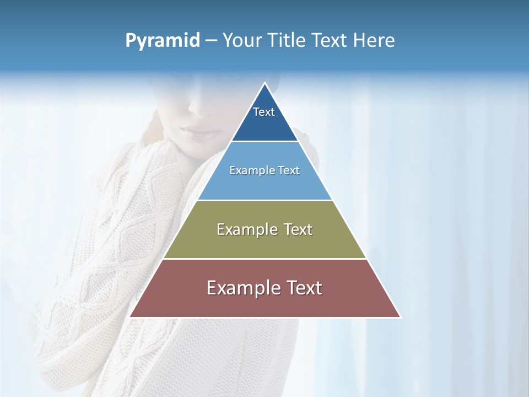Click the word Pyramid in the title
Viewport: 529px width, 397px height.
(163, 41)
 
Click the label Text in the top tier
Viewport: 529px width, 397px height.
(264, 112)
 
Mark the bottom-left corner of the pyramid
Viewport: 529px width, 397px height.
(131, 316)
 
